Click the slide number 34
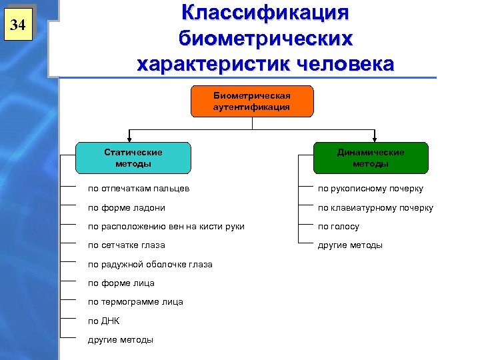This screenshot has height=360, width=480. (x=18, y=26)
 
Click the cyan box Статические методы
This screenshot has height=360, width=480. (x=133, y=158)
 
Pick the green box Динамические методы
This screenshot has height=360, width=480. (x=370, y=158)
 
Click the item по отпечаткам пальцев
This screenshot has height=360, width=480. (x=139, y=189)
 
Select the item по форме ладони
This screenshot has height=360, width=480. (x=127, y=207)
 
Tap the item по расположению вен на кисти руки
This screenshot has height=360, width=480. (x=166, y=226)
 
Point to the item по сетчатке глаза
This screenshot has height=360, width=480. (x=127, y=245)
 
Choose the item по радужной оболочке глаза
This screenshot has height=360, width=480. (x=150, y=264)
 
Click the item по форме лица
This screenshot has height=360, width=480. (x=121, y=283)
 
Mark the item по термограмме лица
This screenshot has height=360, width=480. (x=135, y=301)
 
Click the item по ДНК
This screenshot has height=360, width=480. (x=104, y=321)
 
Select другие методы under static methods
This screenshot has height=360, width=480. (x=121, y=339)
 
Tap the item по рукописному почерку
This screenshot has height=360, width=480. (x=370, y=189)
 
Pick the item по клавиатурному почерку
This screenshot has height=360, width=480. (x=375, y=207)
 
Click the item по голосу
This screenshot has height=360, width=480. (x=338, y=226)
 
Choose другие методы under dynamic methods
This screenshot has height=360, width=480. (x=350, y=245)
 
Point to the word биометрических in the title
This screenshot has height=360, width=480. (x=265, y=39)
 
